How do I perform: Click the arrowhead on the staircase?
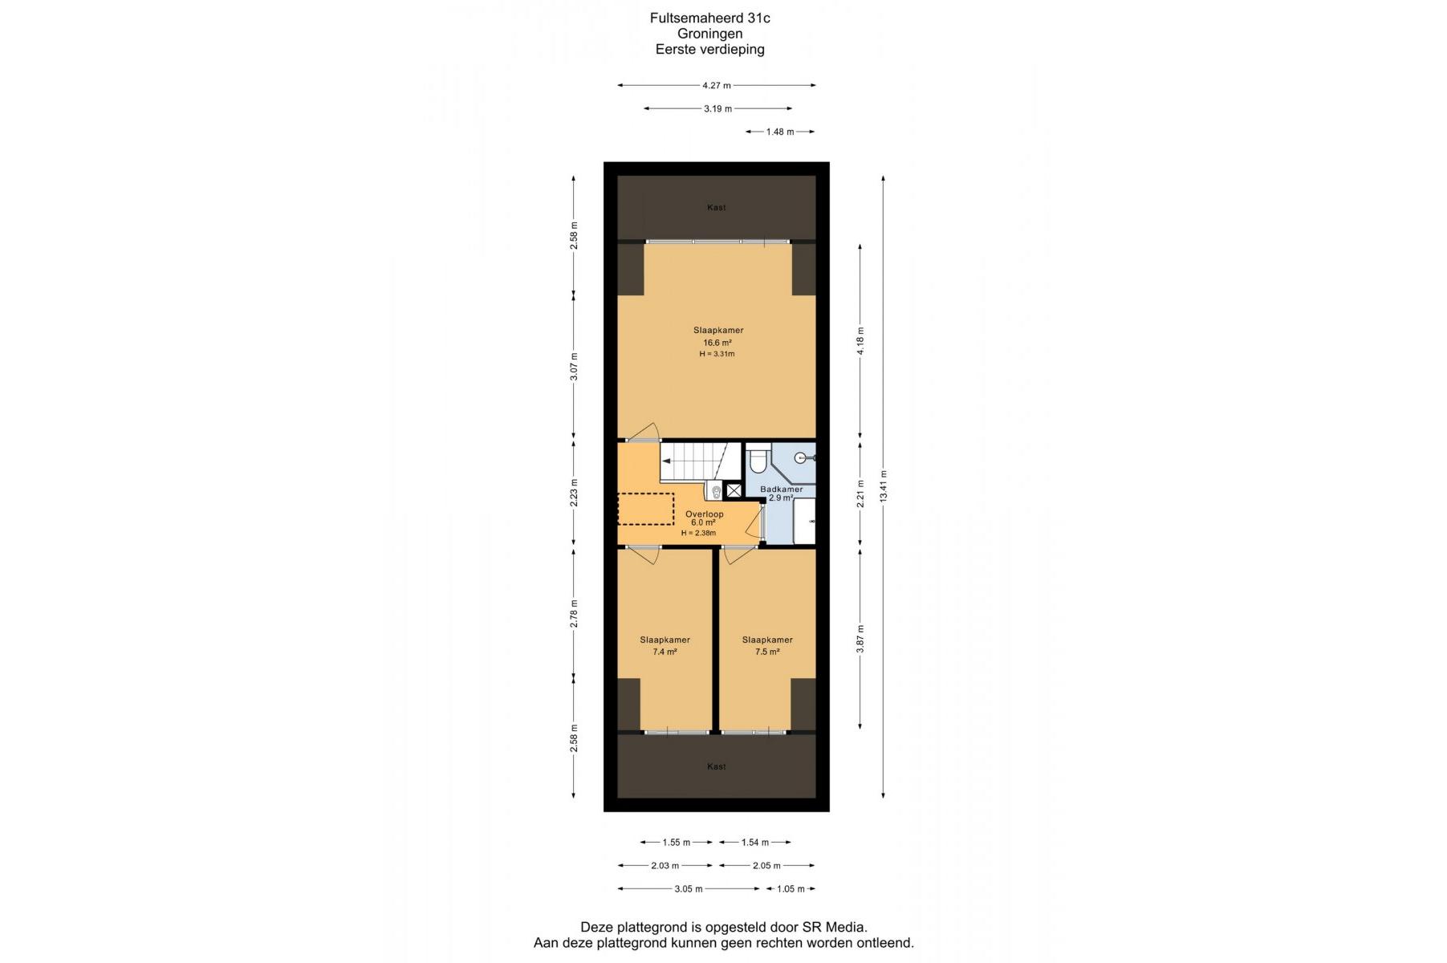point(666,461)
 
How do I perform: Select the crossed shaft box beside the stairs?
point(734,490)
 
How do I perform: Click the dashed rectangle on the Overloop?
point(645,509)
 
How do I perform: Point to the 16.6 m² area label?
point(717,343)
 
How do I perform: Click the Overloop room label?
point(704,514)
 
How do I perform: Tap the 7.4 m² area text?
point(665,652)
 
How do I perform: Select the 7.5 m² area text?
point(767,652)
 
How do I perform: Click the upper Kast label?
point(717,207)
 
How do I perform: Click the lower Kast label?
point(717,766)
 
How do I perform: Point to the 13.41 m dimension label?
point(884,486)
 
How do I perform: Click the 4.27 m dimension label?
point(717,85)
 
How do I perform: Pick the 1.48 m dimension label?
point(780,132)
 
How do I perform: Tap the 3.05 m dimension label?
point(689,888)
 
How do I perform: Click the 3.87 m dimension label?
point(860,639)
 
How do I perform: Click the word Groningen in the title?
point(709,34)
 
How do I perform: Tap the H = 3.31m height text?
point(717,354)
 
